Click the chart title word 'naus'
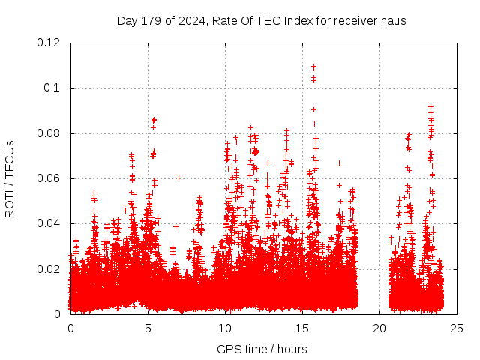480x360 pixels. (x=394, y=20)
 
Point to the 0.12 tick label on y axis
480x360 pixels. (x=49, y=43)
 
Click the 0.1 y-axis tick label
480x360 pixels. (x=52, y=88)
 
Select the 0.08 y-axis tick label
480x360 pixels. (x=49, y=133)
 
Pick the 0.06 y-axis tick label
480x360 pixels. (x=49, y=178)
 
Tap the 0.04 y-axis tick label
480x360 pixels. (x=49, y=223)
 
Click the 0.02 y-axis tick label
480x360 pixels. (x=49, y=268)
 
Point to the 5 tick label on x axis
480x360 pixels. (x=148, y=328)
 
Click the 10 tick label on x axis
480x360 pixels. (x=225, y=328)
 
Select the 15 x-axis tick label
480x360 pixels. (x=302, y=328)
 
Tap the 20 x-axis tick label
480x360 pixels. (x=379, y=328)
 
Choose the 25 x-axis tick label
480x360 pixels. (x=457, y=328)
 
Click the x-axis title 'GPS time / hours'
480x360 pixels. (x=262, y=349)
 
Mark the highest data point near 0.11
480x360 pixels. (x=313, y=66)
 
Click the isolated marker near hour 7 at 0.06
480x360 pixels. (x=178, y=178)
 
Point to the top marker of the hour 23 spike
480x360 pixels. (x=430, y=106)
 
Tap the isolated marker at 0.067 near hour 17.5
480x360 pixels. (x=339, y=163)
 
